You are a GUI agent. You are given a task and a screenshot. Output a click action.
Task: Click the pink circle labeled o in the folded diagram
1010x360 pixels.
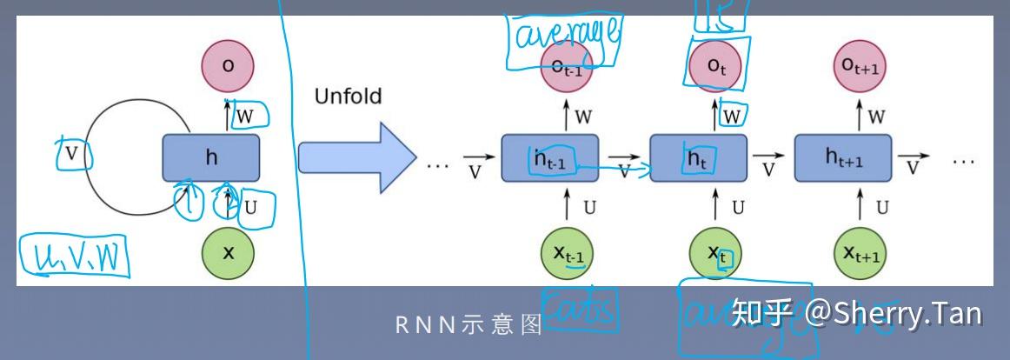coord(229,66)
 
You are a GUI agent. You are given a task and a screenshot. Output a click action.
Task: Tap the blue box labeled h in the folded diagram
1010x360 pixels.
coord(211,157)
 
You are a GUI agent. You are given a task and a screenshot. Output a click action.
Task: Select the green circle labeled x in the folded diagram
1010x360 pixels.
coord(229,252)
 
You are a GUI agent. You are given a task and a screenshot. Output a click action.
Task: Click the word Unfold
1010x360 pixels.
coord(348,96)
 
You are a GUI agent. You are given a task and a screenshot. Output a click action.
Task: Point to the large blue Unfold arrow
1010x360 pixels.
coord(352,157)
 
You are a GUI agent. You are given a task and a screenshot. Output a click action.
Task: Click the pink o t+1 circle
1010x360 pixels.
coord(861,66)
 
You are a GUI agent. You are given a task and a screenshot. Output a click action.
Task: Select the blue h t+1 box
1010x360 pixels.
coord(843,158)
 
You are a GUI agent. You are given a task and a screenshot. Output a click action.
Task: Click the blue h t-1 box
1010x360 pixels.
coord(550,158)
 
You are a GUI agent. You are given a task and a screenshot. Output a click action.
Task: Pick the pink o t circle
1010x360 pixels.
coord(716,66)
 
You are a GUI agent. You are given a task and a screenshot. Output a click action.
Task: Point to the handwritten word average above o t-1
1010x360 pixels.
coord(564,35)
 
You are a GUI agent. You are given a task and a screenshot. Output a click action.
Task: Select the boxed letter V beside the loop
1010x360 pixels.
coord(73,156)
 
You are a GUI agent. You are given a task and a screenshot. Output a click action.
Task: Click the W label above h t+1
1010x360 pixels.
coord(876,117)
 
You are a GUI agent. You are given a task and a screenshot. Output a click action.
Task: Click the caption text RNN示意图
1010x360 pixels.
coord(469,324)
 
